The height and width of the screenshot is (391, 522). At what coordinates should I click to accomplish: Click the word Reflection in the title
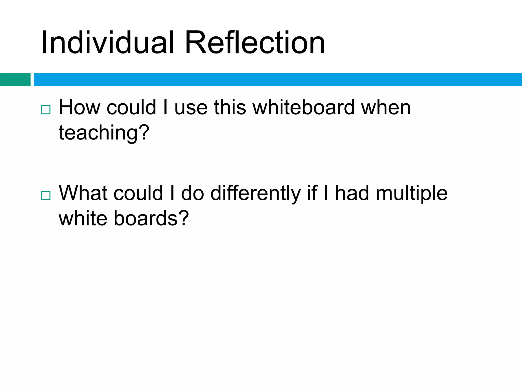(x=255, y=43)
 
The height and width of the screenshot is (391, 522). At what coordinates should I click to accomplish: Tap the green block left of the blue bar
(x=15, y=79)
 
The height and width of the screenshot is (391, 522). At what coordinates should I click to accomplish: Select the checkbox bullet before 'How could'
(x=46, y=110)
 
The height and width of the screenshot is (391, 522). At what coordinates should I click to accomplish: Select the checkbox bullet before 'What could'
(x=46, y=195)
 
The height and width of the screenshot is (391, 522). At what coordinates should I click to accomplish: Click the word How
(x=80, y=108)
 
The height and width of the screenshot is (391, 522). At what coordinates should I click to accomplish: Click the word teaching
(x=98, y=133)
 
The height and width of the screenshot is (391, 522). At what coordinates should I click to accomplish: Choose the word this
(x=230, y=108)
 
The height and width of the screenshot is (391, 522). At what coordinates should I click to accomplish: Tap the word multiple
(x=412, y=193)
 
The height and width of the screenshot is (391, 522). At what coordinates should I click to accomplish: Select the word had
(x=352, y=193)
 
